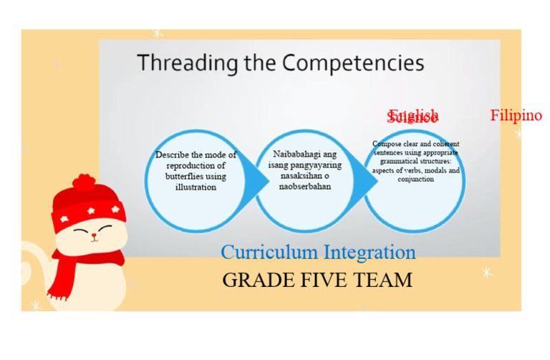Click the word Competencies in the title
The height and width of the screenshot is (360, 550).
point(352,63)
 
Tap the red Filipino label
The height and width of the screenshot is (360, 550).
point(516,115)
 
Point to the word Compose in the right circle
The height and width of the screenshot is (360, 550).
point(387,144)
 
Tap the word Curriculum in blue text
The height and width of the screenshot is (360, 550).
point(269,252)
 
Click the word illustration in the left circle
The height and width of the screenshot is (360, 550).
point(196,187)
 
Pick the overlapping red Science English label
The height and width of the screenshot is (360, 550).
point(412,117)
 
